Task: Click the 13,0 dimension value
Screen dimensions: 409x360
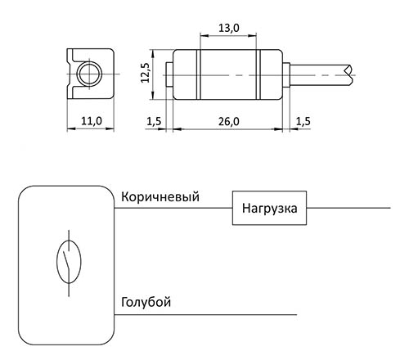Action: (x=229, y=28)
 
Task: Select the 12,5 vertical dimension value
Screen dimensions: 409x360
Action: (x=145, y=73)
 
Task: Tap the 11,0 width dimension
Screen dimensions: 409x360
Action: (x=92, y=121)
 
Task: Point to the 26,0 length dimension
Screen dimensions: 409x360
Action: (x=229, y=122)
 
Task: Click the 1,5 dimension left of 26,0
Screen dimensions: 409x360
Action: (x=155, y=122)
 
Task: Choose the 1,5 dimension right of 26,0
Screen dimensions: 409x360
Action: (x=303, y=122)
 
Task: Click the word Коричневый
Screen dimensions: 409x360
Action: (x=160, y=197)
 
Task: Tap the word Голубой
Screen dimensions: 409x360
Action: (x=146, y=302)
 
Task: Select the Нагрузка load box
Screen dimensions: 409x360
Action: (x=269, y=208)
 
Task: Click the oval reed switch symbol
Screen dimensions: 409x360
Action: (x=69, y=261)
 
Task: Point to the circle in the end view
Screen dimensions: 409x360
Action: (x=89, y=74)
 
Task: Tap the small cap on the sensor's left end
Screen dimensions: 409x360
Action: (x=169, y=74)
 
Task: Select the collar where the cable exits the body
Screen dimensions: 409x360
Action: (x=285, y=74)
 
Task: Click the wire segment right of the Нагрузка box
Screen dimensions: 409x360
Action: (x=348, y=208)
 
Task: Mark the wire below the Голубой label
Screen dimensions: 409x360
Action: (x=205, y=315)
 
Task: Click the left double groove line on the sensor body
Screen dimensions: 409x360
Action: (x=199, y=74)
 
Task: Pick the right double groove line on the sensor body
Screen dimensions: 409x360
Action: (x=258, y=74)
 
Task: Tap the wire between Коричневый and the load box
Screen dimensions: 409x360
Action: (x=173, y=208)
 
